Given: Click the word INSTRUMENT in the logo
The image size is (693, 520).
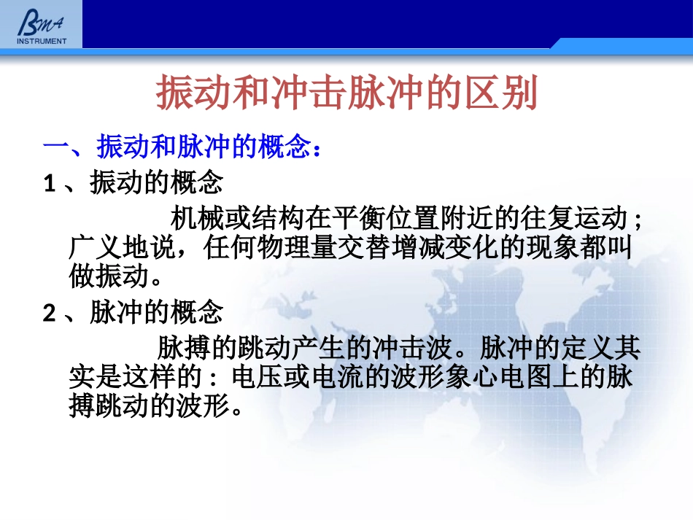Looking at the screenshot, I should click(x=42, y=41).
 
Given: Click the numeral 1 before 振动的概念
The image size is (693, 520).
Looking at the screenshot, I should click(x=50, y=183).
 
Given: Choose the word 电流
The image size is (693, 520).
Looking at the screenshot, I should click(x=336, y=377).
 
